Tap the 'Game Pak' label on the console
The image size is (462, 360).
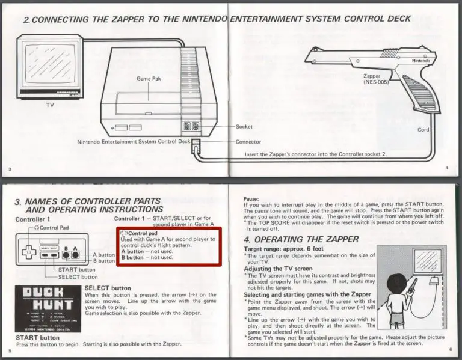tap(149, 79)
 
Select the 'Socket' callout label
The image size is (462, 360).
tap(245, 127)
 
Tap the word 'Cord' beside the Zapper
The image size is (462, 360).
tap(423, 130)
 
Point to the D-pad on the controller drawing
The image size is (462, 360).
tap(28, 248)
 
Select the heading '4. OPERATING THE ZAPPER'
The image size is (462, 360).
tap(301, 239)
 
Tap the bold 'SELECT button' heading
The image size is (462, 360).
tap(108, 288)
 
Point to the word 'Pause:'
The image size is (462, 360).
tap(251, 199)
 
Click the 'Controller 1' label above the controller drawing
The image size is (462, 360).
tap(32, 219)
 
